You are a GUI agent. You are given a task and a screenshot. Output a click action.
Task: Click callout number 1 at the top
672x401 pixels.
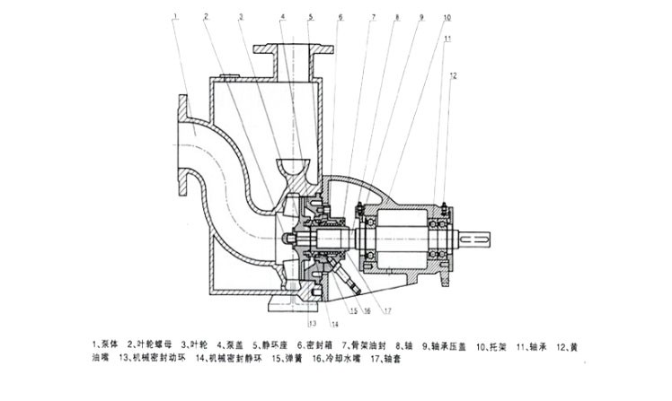point(176,16)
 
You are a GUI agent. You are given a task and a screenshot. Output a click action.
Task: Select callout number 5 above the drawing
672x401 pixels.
point(310,17)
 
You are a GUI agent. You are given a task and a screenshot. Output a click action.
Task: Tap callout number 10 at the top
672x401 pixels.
point(447,17)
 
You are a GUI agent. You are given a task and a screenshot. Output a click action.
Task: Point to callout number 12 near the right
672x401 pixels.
point(455,74)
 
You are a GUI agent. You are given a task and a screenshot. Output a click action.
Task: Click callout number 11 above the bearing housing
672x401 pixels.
point(447,38)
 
